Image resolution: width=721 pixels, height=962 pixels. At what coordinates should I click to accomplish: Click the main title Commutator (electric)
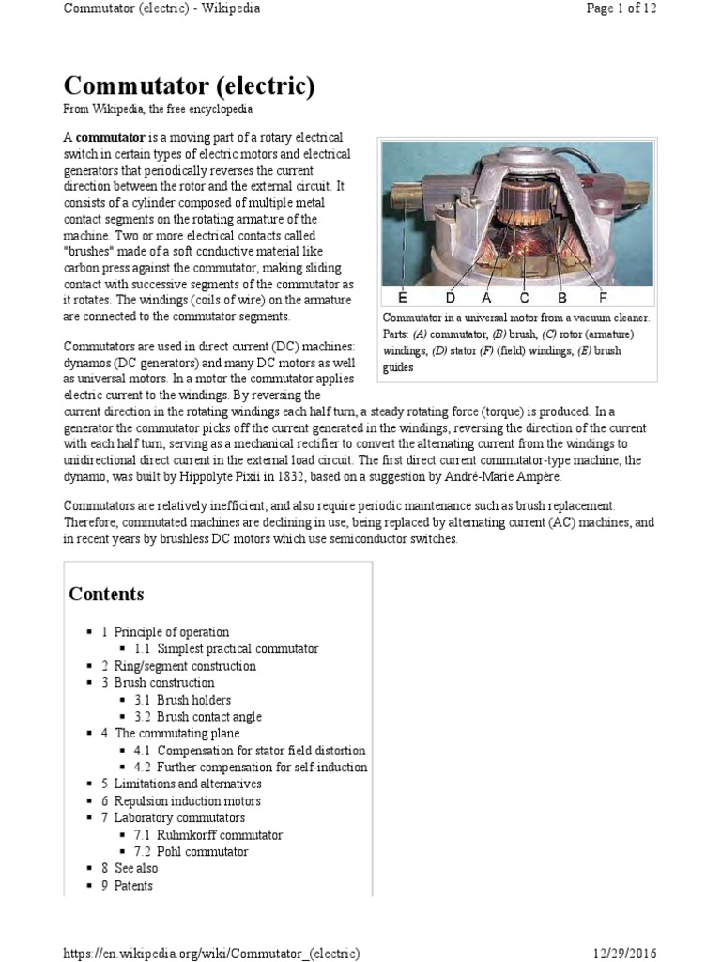coord(189,86)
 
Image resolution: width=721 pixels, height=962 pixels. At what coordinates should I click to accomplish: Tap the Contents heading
coord(106,594)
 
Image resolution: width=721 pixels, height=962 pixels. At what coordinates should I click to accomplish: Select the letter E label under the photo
coord(403,298)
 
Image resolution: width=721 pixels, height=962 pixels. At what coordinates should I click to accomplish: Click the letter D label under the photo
coord(451,298)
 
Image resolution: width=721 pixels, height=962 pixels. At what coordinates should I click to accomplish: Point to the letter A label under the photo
coord(487,298)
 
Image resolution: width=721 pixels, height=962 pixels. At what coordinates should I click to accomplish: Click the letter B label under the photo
coord(561,298)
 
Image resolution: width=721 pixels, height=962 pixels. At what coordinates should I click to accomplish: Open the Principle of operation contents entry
coord(171,632)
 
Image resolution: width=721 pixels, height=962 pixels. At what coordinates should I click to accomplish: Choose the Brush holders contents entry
coord(193,700)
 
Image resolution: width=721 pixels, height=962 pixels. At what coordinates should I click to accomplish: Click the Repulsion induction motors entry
coord(187,801)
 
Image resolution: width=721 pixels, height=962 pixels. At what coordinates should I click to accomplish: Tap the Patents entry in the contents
coord(132,885)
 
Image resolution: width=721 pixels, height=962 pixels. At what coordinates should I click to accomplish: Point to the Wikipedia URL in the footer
coord(211,952)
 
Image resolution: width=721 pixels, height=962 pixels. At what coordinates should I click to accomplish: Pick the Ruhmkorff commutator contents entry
coord(219,834)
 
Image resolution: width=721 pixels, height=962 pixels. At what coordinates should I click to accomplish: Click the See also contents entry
coord(135,868)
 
